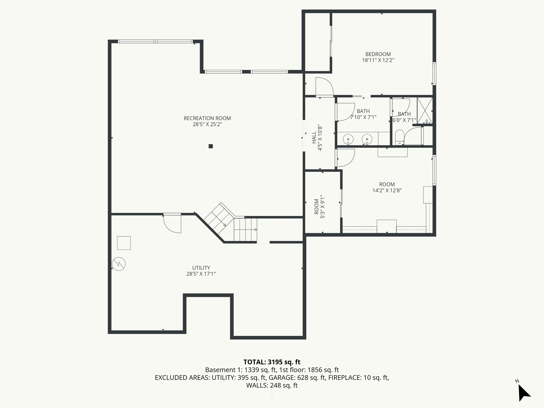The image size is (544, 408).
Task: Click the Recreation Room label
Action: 207,118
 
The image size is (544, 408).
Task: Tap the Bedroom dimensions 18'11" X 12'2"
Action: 378,60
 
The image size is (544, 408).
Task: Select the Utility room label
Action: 201,268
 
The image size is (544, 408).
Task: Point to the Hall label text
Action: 314,138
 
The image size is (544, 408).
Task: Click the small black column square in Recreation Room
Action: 211,146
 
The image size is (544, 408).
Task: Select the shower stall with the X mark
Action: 425,111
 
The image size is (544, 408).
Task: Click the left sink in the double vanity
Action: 348,139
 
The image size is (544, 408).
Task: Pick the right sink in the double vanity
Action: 367,139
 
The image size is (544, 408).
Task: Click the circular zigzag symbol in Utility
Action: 119,264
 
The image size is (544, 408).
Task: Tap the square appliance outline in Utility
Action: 124,243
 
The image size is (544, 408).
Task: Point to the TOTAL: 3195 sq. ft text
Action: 272,362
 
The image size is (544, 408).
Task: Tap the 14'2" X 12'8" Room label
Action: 387,190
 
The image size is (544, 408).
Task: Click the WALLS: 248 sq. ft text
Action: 272,385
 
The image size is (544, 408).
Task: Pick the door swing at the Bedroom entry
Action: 324,86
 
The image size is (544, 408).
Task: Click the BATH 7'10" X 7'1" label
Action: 363,114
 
